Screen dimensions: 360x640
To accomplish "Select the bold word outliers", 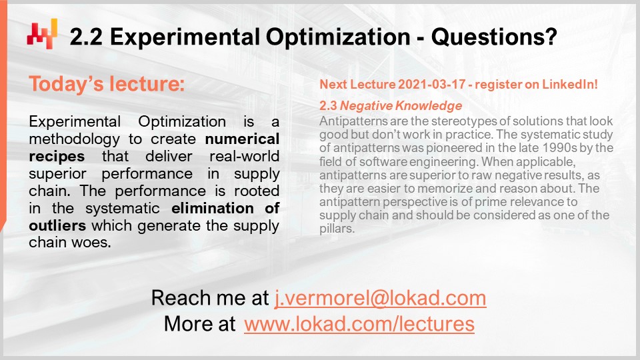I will click(x=55, y=226).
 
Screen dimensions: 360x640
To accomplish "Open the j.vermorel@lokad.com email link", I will click(x=381, y=297).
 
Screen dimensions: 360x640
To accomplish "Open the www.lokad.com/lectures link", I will click(x=359, y=325).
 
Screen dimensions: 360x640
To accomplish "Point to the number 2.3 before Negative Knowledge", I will click(x=329, y=106).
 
